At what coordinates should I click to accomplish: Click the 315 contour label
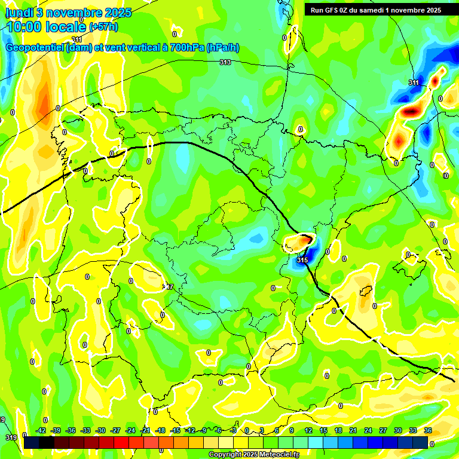pos(302,260)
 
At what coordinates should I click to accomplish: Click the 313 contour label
pos(225,62)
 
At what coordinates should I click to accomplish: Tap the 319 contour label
pos(11,438)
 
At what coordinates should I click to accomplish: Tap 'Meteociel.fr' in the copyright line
pos(276,455)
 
